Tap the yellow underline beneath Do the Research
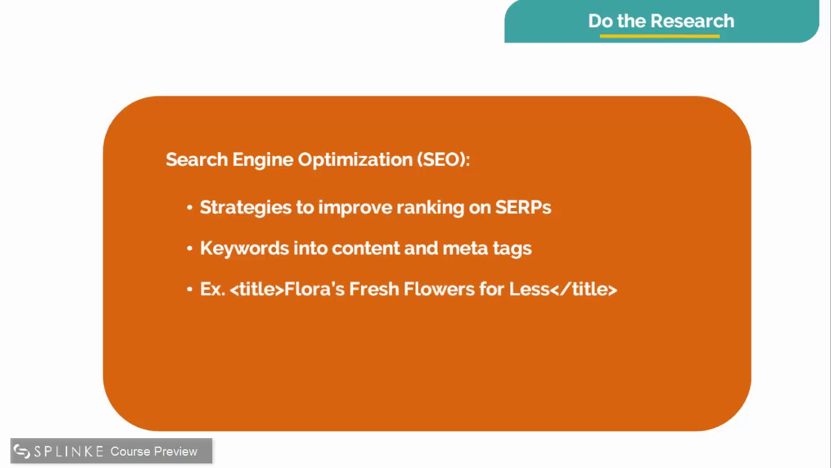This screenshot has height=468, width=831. (660, 36)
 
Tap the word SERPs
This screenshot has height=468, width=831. (523, 207)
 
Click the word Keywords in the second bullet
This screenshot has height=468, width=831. (244, 248)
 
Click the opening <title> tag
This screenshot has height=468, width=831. (257, 289)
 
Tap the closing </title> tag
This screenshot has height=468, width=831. (584, 289)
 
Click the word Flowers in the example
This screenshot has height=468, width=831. (439, 289)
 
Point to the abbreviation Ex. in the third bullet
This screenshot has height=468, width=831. (212, 289)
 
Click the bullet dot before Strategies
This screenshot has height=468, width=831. (190, 208)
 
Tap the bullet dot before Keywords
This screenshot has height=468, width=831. (190, 249)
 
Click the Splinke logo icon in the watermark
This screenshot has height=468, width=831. (22, 451)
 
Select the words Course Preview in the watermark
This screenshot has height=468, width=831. (154, 451)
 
